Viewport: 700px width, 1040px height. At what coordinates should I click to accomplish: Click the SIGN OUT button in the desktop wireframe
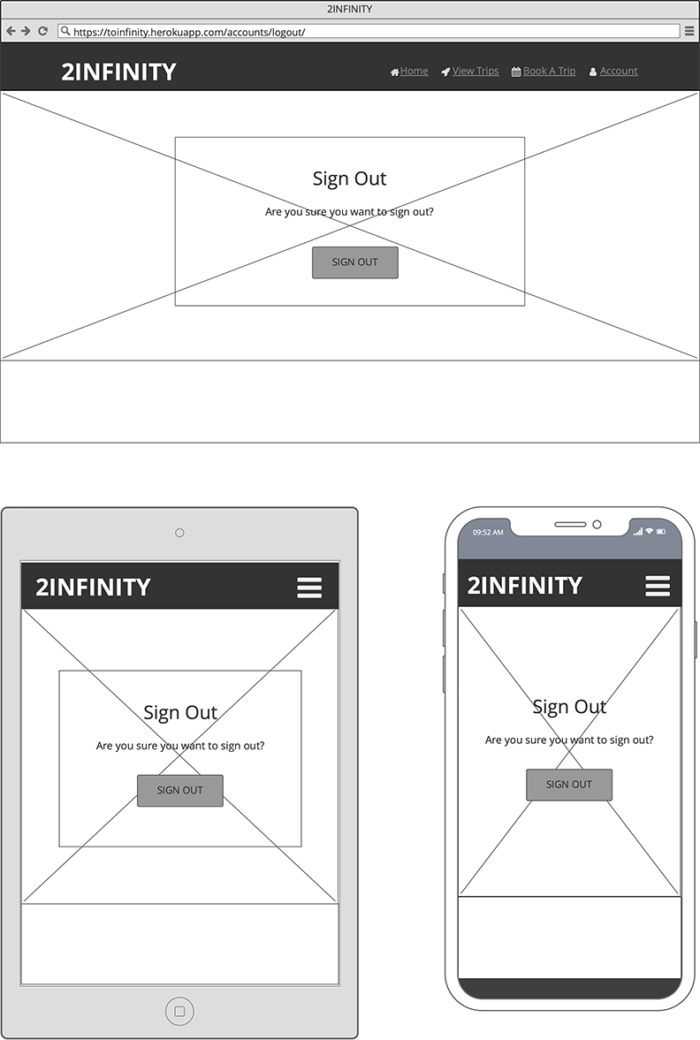pyautogui.click(x=354, y=262)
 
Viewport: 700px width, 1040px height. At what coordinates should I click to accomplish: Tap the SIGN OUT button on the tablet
pyautogui.click(x=179, y=790)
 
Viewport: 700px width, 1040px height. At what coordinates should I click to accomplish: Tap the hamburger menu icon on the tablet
pyautogui.click(x=309, y=588)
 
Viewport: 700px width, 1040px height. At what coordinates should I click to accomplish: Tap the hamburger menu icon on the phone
pyautogui.click(x=658, y=586)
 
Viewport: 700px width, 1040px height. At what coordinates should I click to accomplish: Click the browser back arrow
pyautogui.click(x=11, y=31)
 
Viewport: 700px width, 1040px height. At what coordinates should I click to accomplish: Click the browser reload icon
pyautogui.click(x=42, y=31)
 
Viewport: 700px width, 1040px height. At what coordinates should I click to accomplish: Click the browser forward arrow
pyautogui.click(x=26, y=31)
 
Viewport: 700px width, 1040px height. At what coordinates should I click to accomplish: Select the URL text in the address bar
pyautogui.click(x=189, y=31)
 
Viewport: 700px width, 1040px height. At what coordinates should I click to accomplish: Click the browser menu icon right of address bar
pyautogui.click(x=689, y=31)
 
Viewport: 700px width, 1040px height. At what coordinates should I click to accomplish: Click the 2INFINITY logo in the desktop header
pyautogui.click(x=118, y=72)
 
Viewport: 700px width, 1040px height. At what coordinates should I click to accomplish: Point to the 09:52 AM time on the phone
pyautogui.click(x=488, y=533)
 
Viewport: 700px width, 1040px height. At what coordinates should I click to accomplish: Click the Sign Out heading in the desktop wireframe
pyautogui.click(x=349, y=178)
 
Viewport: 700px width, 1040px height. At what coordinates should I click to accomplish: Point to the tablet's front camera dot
pyautogui.click(x=179, y=533)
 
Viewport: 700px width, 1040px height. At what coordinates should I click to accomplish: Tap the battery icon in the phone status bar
pyautogui.click(x=660, y=532)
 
